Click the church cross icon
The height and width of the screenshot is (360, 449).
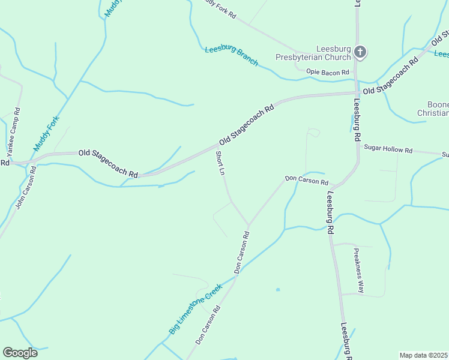[x=360, y=52]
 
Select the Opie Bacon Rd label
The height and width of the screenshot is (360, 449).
[x=327, y=73]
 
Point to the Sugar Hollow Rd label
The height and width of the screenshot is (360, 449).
[x=388, y=149]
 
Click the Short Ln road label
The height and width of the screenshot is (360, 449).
[x=220, y=163]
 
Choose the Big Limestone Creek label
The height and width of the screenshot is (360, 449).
[x=196, y=308]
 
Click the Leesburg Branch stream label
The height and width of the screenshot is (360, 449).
[x=231, y=56]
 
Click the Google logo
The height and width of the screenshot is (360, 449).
[x=20, y=353]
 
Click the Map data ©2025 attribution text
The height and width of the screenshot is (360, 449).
[x=424, y=355]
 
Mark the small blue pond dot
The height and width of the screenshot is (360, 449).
[x=277, y=290]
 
